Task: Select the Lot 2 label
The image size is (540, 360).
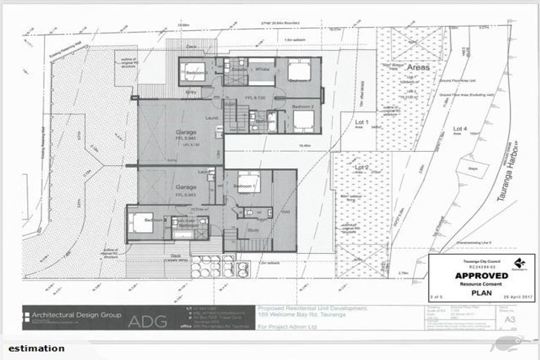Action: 361,167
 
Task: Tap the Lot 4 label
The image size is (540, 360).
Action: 461,129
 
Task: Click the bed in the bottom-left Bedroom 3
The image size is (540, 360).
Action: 140,222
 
